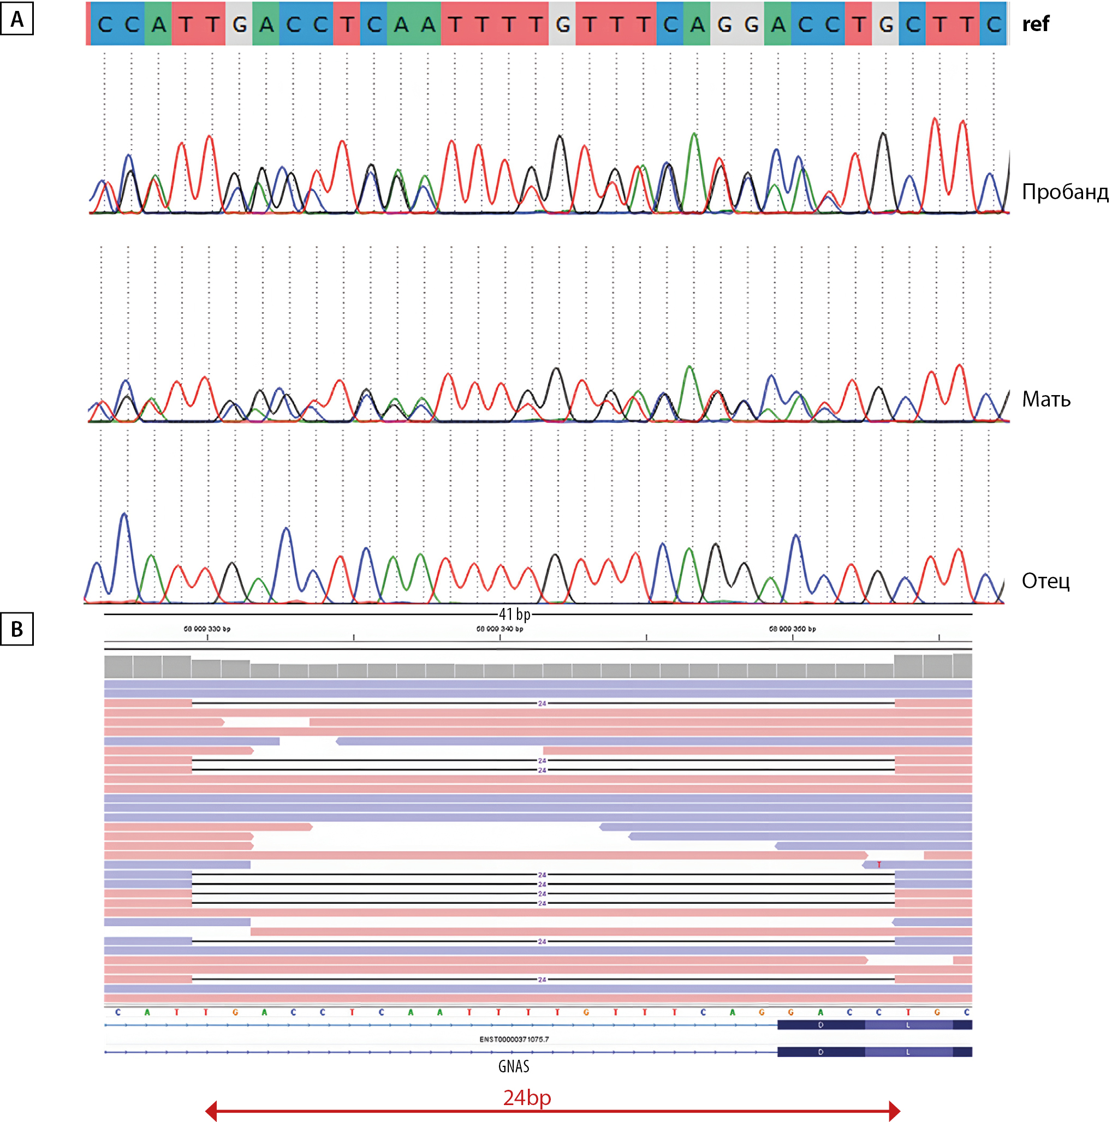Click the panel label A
[x=17, y=19]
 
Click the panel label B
[x=17, y=629]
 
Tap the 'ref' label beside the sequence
[x=1036, y=24]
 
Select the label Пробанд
[x=1065, y=191]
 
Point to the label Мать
[x=1046, y=399]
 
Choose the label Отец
[x=1045, y=580]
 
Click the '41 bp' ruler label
[x=514, y=614]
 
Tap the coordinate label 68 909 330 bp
[x=207, y=629]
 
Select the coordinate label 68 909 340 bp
[x=499, y=629]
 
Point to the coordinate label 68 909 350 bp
[x=793, y=629]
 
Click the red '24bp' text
[x=526, y=1097]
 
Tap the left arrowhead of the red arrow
[x=211, y=1111]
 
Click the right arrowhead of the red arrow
[x=895, y=1111]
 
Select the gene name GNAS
[x=514, y=1066]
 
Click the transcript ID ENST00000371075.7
[x=514, y=1039]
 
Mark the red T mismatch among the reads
[x=879, y=865]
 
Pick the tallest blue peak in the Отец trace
[x=124, y=515]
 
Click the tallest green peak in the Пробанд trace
[x=694, y=134]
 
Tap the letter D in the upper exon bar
[x=820, y=1025]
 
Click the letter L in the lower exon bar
[x=907, y=1052]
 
